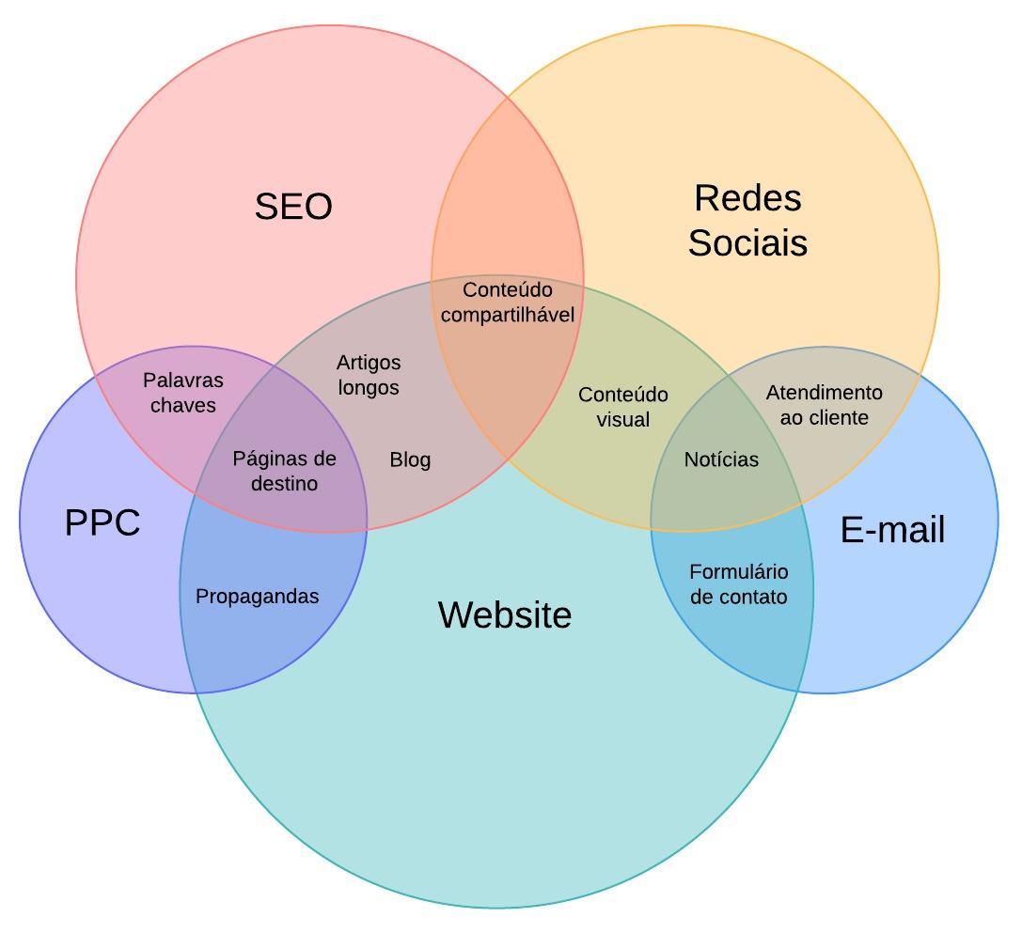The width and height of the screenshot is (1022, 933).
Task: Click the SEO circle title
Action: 293,207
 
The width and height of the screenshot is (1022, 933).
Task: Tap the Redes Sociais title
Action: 747,220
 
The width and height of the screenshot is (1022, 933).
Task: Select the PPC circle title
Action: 102,522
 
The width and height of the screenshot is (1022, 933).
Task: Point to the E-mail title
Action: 892,530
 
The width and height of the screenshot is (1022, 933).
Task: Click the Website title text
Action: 505,615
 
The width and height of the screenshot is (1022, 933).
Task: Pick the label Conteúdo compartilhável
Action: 507,303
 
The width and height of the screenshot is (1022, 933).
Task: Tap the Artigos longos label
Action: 369,375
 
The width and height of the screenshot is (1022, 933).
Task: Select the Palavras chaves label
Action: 183,393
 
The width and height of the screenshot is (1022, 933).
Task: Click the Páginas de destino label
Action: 284,471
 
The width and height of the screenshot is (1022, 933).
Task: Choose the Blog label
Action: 410,459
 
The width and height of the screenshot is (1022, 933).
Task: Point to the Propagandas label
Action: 257,597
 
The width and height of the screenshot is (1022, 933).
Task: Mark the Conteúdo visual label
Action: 622,407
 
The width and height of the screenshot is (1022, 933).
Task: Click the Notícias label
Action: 721,459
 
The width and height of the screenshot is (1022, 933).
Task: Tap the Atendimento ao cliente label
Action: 825,405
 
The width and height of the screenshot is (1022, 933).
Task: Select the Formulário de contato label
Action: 738,584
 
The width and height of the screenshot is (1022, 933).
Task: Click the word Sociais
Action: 747,242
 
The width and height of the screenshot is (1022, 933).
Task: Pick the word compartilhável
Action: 507,315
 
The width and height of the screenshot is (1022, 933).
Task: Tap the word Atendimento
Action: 825,393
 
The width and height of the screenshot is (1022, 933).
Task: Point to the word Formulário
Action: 738,572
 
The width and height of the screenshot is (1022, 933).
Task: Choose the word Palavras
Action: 183,381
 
